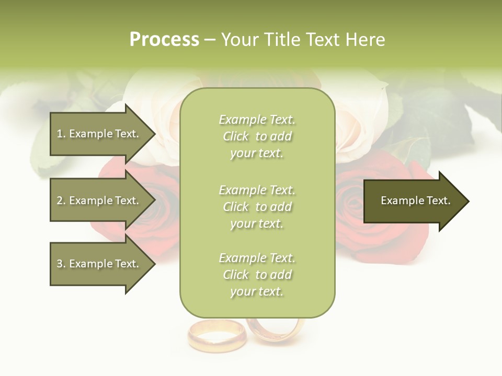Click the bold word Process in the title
pos(164,40)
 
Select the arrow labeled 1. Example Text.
pos(99,134)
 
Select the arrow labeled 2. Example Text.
pos(99,201)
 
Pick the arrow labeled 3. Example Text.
pos(99,264)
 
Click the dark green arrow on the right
pos(413,201)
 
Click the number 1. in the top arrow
pos(61,134)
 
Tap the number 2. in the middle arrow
pos(61,201)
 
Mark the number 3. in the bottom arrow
pos(61,264)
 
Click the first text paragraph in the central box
pos(257,136)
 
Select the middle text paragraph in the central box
pos(257,207)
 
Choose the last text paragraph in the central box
pos(257,275)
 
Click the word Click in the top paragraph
pos(235,136)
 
